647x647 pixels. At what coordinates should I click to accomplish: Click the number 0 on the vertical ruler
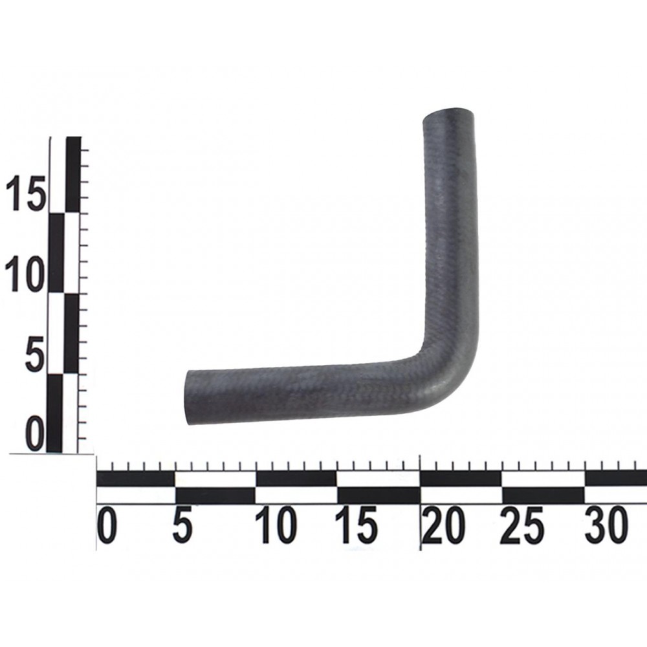pyautogui.click(x=35, y=434)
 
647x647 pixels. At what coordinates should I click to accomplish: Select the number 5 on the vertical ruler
pyautogui.click(x=35, y=354)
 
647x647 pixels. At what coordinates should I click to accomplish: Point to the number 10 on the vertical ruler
pyautogui.click(x=25, y=274)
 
